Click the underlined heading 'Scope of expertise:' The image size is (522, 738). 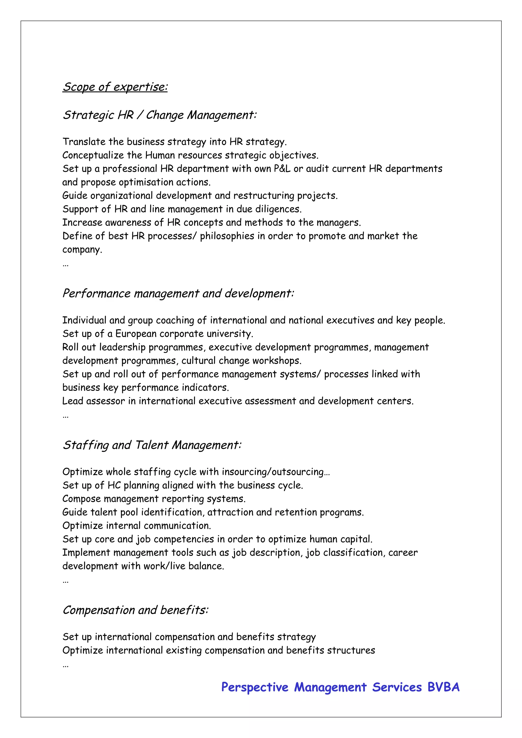click(x=115, y=87)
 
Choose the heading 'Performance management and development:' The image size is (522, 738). click(x=178, y=293)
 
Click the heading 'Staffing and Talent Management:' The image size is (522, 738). click(x=152, y=445)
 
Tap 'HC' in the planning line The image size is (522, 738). click(x=114, y=485)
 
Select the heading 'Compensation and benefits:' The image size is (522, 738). click(x=135, y=610)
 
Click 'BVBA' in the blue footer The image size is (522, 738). click(x=443, y=688)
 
